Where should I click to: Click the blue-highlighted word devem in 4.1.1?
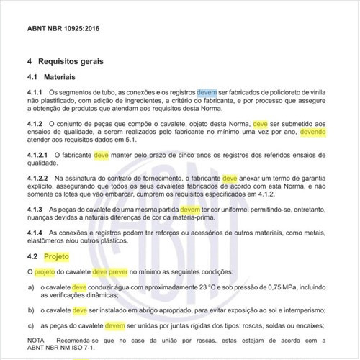click(x=207, y=94)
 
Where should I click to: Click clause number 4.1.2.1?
click(x=38, y=155)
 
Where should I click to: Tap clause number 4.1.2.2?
click(x=38, y=178)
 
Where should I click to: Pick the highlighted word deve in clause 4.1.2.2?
click(x=230, y=178)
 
